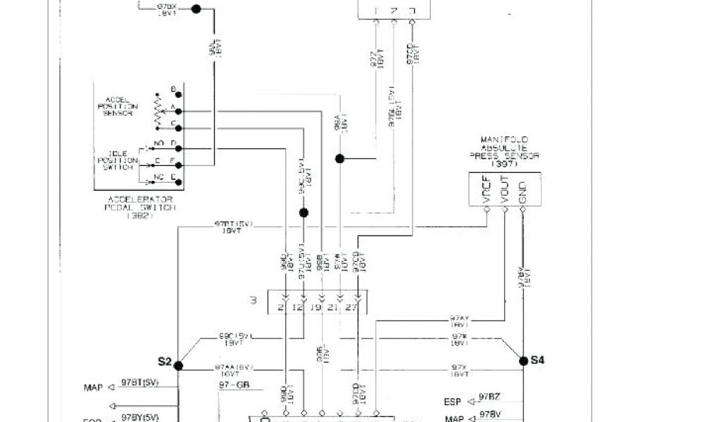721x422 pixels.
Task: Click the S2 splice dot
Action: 178,365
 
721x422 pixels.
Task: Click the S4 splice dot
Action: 523,361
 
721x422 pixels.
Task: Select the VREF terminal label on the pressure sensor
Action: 487,190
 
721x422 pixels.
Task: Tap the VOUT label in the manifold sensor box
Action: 505,190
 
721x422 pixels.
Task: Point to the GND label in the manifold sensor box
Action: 522,190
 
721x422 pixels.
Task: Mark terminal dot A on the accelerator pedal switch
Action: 179,111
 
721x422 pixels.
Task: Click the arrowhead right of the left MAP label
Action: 112,388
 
